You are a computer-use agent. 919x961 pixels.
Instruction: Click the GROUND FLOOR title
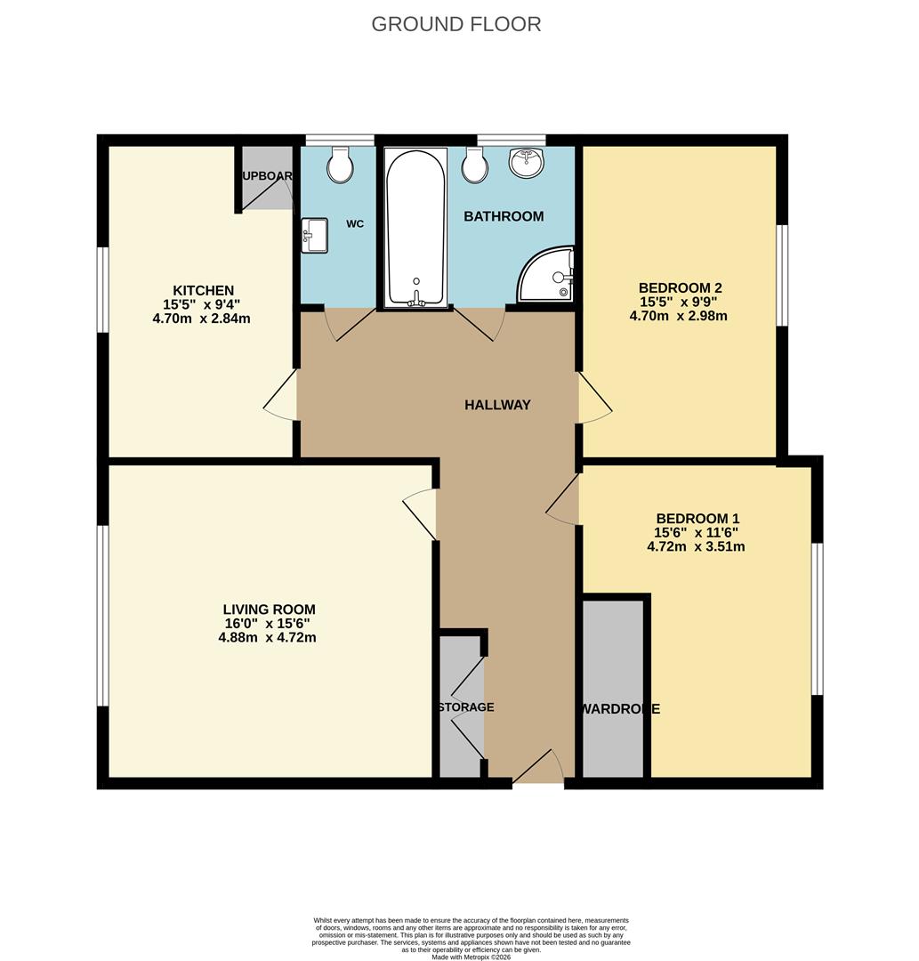coord(455,24)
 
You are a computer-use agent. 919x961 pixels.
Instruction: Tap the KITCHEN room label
coord(203,291)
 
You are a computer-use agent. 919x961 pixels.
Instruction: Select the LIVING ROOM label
coord(269,610)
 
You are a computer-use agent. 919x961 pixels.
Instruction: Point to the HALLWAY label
coord(497,405)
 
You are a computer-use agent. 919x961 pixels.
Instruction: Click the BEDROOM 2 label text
coord(680,287)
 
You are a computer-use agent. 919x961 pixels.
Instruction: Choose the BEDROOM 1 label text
coord(697,519)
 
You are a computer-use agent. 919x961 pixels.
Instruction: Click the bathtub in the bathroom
coord(415,227)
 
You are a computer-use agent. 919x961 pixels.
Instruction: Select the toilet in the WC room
coord(340,165)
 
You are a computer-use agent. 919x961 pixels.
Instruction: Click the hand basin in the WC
coord(313,236)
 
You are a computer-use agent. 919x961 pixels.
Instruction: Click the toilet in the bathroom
coord(474,165)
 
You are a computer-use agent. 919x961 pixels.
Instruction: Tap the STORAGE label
coord(465,707)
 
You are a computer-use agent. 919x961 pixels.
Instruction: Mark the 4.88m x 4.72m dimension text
coord(269,637)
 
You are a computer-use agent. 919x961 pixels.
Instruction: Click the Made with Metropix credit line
coord(471,957)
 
